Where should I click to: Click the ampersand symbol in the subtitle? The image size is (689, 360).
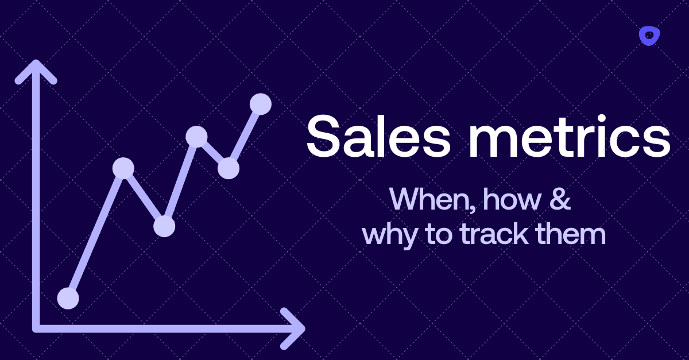point(560,200)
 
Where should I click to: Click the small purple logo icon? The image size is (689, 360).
point(649,36)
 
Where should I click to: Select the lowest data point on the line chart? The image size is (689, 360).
point(68,298)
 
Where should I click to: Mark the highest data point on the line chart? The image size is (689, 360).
point(261,104)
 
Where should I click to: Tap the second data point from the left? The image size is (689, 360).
point(123,168)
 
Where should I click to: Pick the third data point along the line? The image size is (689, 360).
point(164,226)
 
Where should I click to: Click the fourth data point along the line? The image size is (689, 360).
point(196,136)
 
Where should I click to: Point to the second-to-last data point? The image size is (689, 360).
point(228,168)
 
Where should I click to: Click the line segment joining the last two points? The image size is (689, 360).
point(245,136)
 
